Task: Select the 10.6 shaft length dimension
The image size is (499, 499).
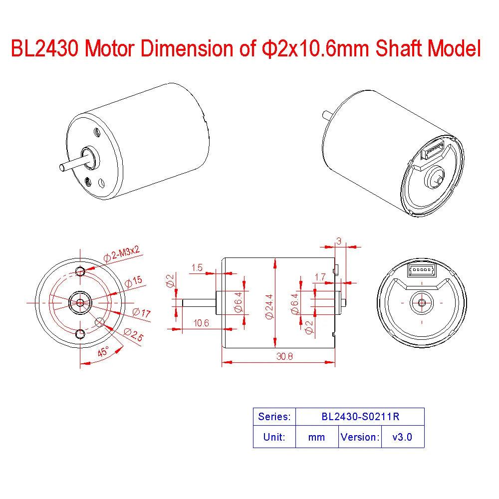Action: point(202,323)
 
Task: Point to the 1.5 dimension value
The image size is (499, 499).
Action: point(197,268)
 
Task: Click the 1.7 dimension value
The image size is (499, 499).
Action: point(321,276)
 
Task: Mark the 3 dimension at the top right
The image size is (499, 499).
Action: point(339,241)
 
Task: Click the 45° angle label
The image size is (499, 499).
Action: point(103,351)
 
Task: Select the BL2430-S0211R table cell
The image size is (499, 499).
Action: point(360,417)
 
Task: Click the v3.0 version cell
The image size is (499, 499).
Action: point(402,437)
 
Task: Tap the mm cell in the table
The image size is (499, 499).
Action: point(316,437)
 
